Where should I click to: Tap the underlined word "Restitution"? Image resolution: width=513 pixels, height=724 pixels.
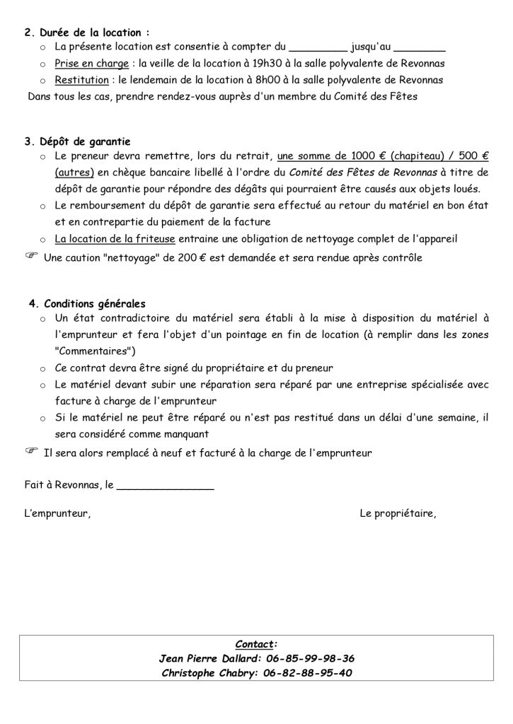[x=81, y=80]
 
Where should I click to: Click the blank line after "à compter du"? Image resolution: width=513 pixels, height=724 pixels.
[x=318, y=49]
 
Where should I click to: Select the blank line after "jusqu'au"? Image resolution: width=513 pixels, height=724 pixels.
[x=419, y=49]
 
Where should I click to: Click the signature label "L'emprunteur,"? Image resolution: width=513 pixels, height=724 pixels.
[x=57, y=514]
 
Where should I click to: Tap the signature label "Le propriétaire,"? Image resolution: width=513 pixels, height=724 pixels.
[x=398, y=514]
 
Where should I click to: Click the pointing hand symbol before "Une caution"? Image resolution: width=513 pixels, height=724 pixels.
[x=32, y=256]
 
